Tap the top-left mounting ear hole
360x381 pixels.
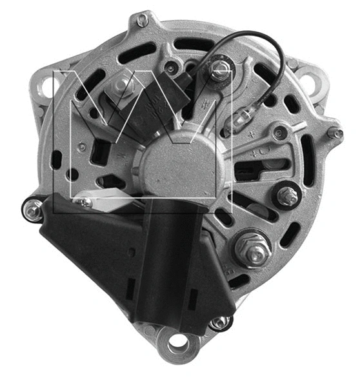51,85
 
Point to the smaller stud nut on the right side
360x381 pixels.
288,196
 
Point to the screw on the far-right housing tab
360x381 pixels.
334,133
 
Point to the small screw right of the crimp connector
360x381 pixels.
279,133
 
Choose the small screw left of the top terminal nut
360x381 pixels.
171,67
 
